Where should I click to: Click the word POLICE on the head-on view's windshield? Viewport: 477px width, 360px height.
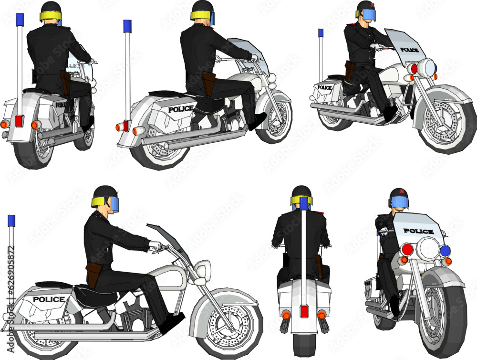(418, 231)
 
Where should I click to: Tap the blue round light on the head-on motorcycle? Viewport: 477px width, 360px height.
(445, 251)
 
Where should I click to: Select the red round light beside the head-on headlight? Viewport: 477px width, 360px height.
(407, 249)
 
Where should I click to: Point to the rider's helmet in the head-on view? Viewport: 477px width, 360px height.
(398, 197)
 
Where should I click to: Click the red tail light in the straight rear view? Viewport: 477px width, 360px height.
(303, 312)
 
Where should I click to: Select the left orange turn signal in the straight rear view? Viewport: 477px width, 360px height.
(286, 315)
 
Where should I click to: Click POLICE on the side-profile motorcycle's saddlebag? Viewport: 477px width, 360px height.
(48, 299)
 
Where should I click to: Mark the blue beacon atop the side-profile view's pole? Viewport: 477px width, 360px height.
(11, 221)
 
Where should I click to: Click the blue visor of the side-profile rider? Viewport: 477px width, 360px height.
(114, 205)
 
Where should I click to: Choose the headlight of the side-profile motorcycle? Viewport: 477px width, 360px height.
(203, 270)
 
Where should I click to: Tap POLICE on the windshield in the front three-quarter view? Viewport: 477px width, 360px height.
(409, 50)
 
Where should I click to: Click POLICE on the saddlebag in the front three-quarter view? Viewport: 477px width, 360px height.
(324, 87)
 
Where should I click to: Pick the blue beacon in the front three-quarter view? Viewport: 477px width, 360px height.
(321, 33)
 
